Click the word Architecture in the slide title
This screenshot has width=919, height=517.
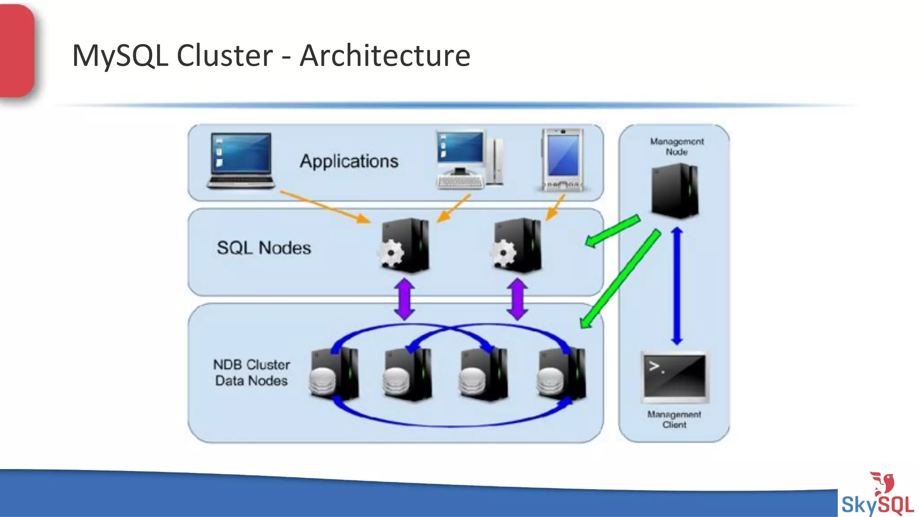coord(385,56)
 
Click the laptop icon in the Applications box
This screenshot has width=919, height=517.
coord(241,161)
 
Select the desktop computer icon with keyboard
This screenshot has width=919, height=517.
coord(469,160)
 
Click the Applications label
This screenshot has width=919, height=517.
coord(349,161)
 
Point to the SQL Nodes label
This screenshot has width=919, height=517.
coord(264,248)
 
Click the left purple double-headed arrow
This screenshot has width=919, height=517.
coord(405,299)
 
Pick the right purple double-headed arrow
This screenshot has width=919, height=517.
coord(517,299)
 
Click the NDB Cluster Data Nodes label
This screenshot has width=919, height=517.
coord(251,372)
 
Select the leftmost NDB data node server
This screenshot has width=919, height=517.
coord(335,375)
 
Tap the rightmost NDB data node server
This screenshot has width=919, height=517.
coord(562,375)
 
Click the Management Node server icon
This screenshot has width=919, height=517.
coord(675,191)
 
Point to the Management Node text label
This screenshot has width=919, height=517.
coord(677,147)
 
